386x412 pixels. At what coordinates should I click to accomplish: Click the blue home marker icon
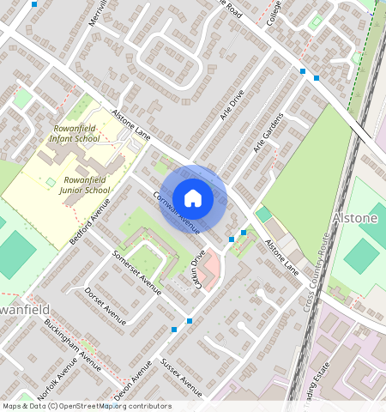point(193,199)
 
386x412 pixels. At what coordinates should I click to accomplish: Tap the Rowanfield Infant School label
point(75,133)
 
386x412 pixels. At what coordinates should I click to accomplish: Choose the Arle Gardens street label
point(268,134)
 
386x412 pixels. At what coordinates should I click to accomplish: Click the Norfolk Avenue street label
point(57,378)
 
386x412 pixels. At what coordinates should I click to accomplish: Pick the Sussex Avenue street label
point(181,378)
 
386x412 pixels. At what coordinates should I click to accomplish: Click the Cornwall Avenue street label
point(177,212)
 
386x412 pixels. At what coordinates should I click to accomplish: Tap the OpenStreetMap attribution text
point(86,406)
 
